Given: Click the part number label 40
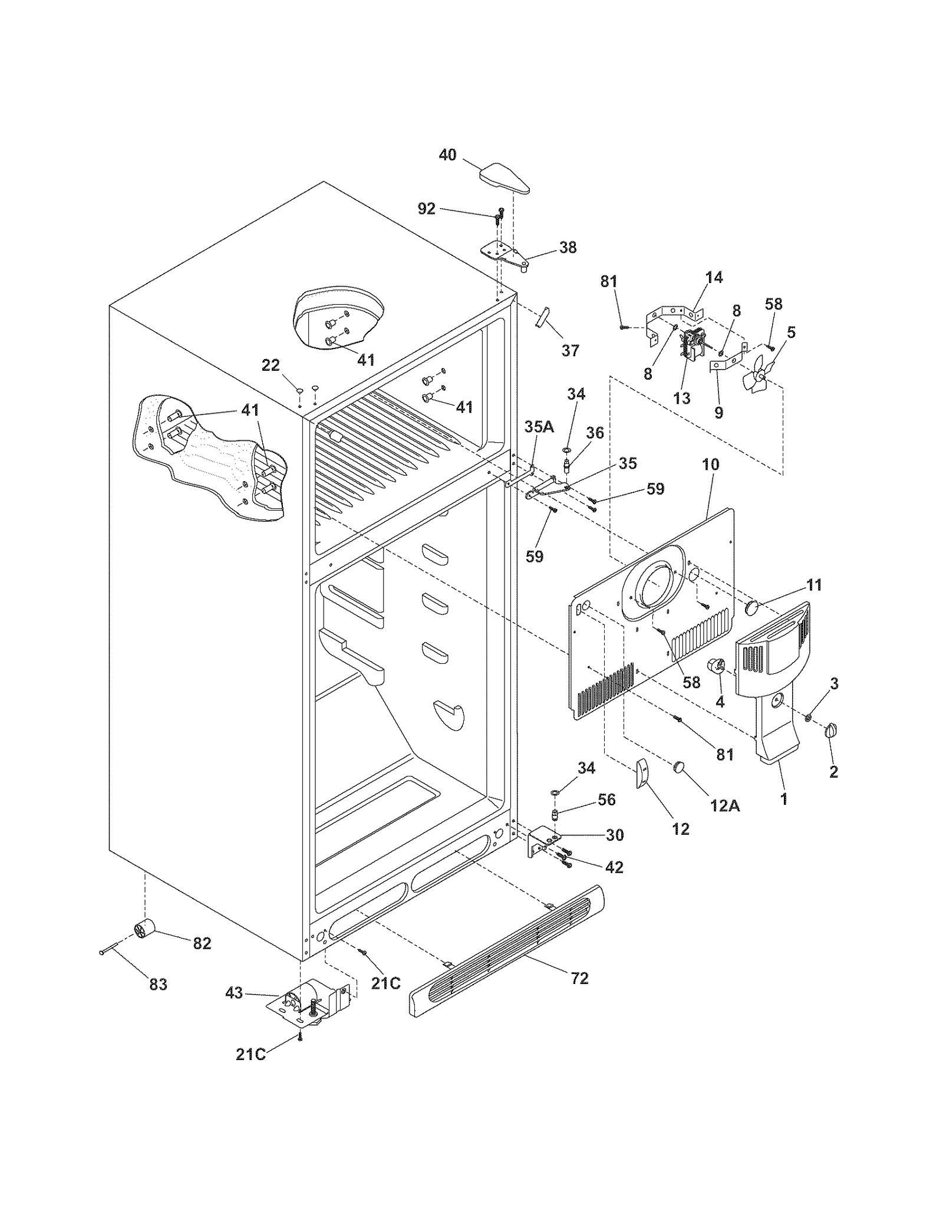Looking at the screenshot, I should click(x=447, y=155).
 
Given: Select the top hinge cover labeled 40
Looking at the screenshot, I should click(x=505, y=179).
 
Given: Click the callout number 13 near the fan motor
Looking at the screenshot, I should click(x=681, y=398).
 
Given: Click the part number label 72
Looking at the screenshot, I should click(x=580, y=978).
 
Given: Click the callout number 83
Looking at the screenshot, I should click(x=158, y=984).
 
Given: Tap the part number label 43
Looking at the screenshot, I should click(x=234, y=993).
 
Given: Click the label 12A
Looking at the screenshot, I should click(x=724, y=805).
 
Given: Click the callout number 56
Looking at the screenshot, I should click(x=606, y=799).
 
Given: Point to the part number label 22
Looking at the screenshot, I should click(x=271, y=366).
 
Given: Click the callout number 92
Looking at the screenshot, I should click(x=426, y=209).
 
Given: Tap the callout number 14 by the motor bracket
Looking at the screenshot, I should click(x=714, y=277).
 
